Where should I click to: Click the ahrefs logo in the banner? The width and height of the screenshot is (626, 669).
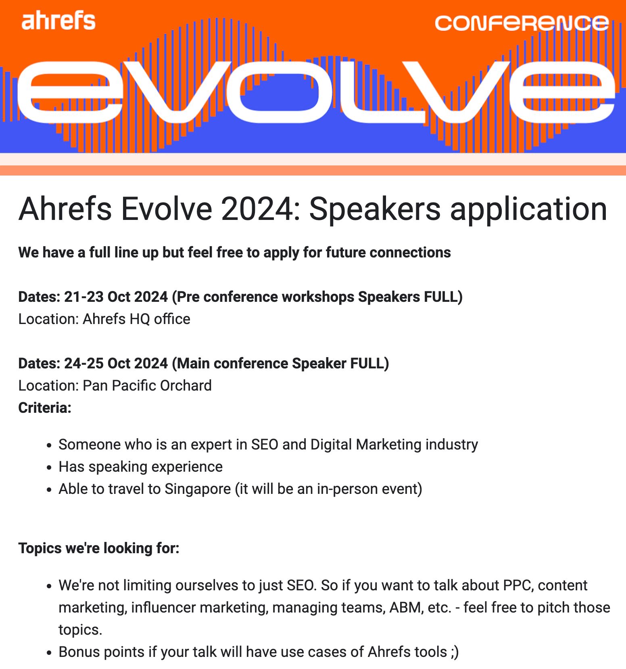pyautogui.click(x=58, y=21)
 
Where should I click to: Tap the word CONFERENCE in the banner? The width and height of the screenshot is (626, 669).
pyautogui.click(x=522, y=23)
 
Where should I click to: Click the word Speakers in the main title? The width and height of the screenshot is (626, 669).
pyautogui.click(x=375, y=209)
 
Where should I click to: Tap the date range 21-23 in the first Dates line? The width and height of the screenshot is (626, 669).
pyautogui.click(x=83, y=297)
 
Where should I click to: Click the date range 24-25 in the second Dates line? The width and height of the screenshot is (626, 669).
pyautogui.click(x=83, y=364)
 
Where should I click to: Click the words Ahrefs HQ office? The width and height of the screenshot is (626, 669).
pyautogui.click(x=136, y=319)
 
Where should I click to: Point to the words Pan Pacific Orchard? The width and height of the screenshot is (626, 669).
pyautogui.click(x=147, y=386)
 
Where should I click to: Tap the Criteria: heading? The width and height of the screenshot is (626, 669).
pyautogui.click(x=45, y=408)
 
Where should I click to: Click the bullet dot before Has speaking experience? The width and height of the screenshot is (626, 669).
pyautogui.click(x=49, y=468)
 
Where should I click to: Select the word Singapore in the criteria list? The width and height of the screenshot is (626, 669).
pyautogui.click(x=198, y=489)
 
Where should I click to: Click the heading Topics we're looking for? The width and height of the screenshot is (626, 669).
pyautogui.click(x=99, y=548)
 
